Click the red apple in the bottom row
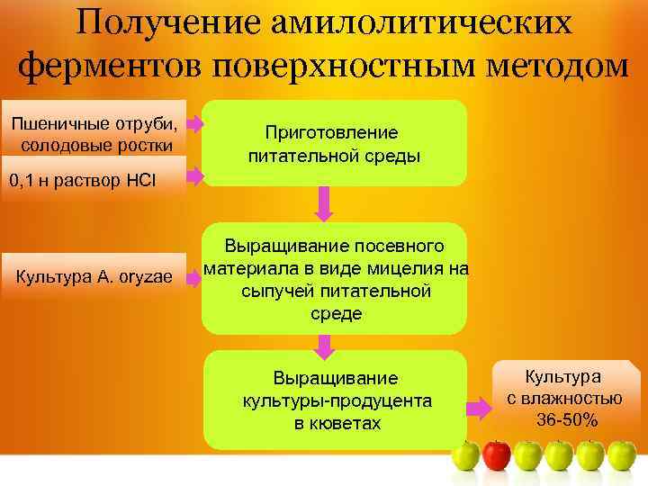click(x=497, y=454)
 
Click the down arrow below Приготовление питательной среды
click(x=326, y=205)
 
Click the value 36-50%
click(x=567, y=419)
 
